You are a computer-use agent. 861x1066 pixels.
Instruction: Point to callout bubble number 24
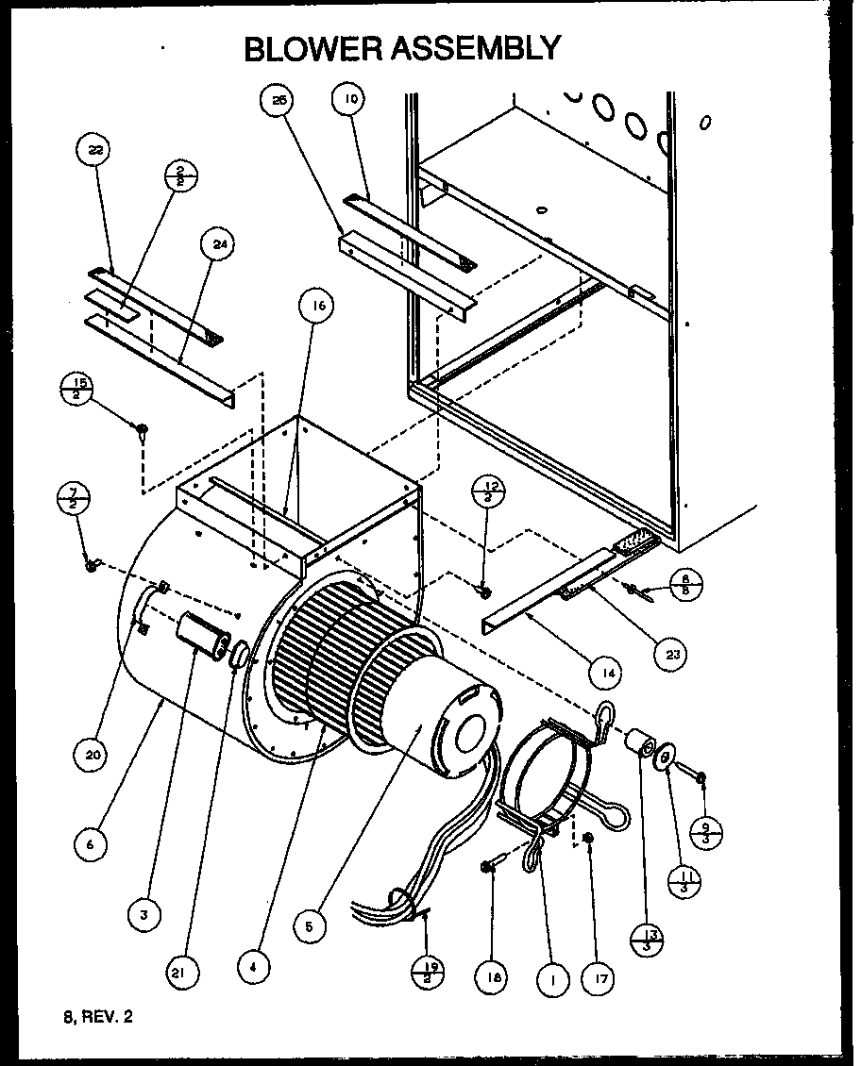click(219, 245)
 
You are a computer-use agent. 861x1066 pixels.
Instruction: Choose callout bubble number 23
click(672, 656)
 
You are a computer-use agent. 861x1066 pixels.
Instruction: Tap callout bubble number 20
click(95, 754)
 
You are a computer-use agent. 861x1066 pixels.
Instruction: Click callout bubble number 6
click(91, 845)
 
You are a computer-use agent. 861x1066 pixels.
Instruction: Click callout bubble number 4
click(253, 965)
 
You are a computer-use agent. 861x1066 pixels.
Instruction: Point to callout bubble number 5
click(307, 925)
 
